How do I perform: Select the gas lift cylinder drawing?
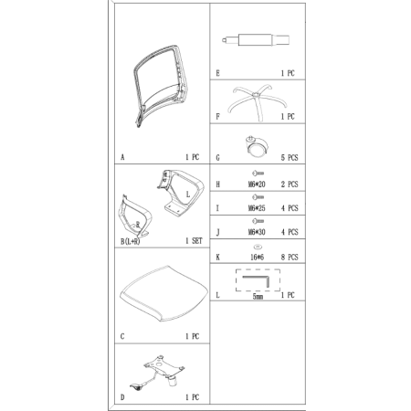point(256,40)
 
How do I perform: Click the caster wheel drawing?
point(257,147)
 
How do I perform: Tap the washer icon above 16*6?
point(258,247)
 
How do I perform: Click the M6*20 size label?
point(257,184)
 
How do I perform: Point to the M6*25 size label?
point(257,208)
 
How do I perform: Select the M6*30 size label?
point(257,232)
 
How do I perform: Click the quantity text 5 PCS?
point(290,158)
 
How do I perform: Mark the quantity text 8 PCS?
point(290,257)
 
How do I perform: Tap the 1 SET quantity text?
point(194,241)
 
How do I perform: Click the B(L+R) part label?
point(131,242)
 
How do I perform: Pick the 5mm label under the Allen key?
point(258,296)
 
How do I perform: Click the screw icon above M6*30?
point(258,221)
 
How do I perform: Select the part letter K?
point(217,258)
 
